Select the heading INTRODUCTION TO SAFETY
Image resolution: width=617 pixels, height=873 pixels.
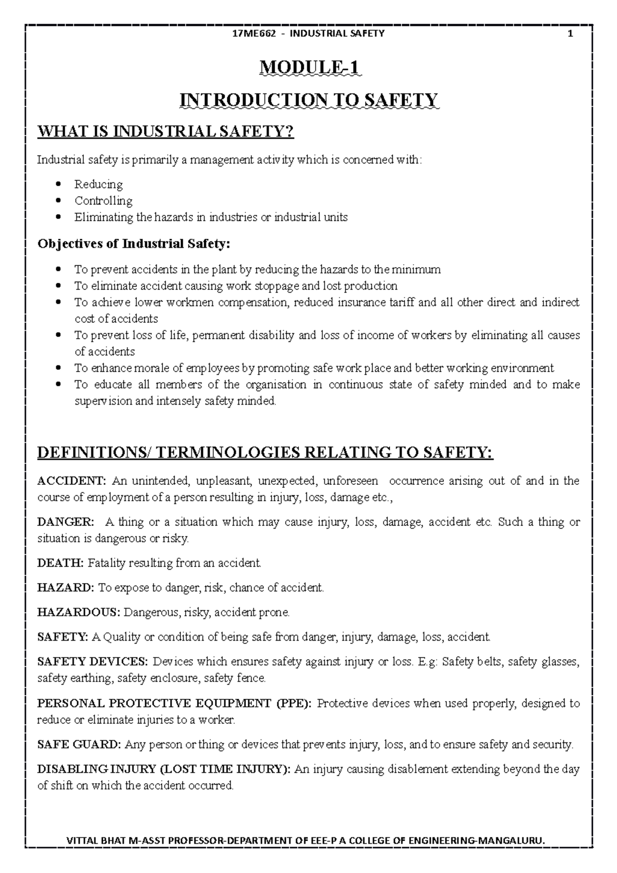pyautogui.click(x=308, y=100)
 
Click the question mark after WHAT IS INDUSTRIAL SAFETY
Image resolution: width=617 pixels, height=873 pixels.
pyautogui.click(x=289, y=132)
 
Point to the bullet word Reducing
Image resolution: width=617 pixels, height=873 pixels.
pyautogui.click(x=98, y=184)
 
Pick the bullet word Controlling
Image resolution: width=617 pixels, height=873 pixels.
pyautogui.click(x=103, y=201)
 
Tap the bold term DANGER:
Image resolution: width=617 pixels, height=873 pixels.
pyautogui.click(x=66, y=522)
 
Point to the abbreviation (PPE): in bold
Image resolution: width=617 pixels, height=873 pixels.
pyautogui.click(x=294, y=703)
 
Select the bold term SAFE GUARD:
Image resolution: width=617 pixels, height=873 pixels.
pyautogui.click(x=79, y=744)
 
